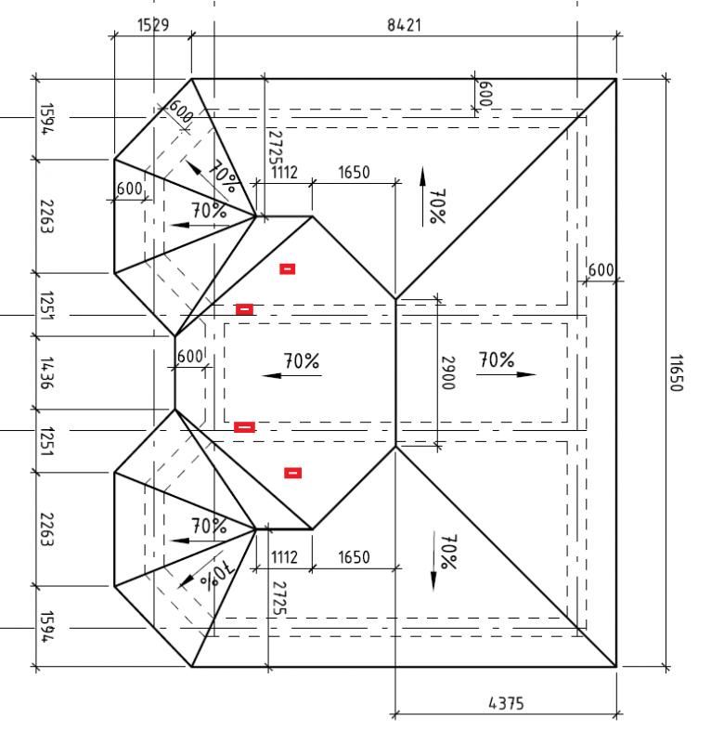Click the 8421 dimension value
coord(404,25)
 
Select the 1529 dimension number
coord(153,25)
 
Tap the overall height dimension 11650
coord(676,373)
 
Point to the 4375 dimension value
coord(506,703)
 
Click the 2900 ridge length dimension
coord(448,373)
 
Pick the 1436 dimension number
coord(47,373)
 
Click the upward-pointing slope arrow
coord(422,197)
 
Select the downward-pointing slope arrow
coord(433,561)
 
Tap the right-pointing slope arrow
coord(506,374)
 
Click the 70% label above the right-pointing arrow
coord(497,359)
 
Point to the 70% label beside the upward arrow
coord(437,206)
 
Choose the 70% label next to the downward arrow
coord(449,552)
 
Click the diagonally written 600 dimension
coord(181,111)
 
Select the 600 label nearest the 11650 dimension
coord(601,270)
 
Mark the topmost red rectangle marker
coord(288,269)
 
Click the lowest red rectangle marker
coord(292,473)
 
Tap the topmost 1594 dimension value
coord(47,119)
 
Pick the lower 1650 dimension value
coord(354,557)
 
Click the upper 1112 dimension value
coord(284,172)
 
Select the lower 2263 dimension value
coord(47,529)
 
